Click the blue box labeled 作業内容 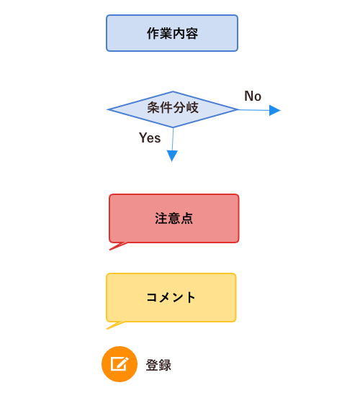[172, 33]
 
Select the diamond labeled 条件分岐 [173, 109]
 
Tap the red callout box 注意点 [174, 218]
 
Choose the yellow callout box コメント [171, 297]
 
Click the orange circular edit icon [120, 364]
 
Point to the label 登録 [158, 365]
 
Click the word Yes [150, 137]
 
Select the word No [253, 96]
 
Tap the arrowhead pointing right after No [275, 110]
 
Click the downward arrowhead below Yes [172, 155]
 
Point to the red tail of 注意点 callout [118, 246]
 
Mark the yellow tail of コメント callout [115, 325]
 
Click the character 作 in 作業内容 [153, 33]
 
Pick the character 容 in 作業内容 [192, 33]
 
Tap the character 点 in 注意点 [187, 218]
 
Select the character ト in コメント [191, 297]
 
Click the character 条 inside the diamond [153, 107]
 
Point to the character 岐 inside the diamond [192, 107]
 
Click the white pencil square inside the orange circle [120, 364]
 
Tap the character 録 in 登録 [165, 365]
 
